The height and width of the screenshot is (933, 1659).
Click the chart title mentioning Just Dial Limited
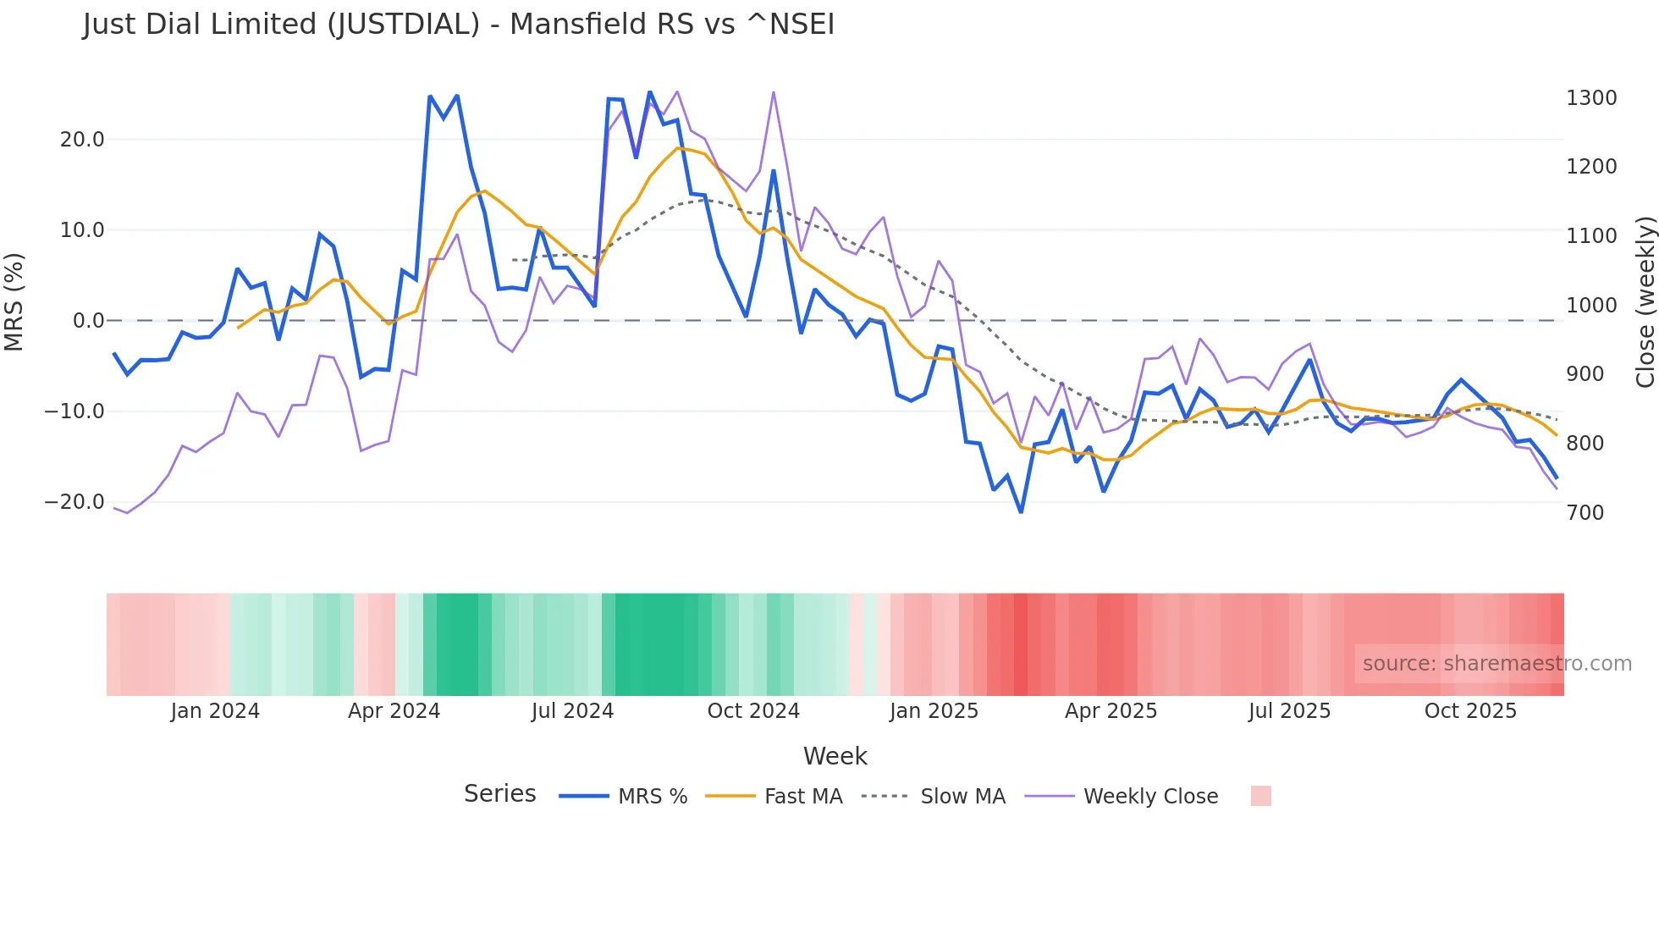tap(458, 25)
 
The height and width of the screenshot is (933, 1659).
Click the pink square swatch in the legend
tap(1260, 796)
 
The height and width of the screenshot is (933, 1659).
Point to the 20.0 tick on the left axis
tap(82, 140)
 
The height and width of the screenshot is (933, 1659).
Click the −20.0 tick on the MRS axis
tap(74, 502)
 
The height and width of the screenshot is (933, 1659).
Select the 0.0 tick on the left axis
tap(89, 321)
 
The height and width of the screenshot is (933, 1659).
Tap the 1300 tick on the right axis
tap(1591, 98)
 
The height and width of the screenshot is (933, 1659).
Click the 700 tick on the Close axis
tap(1585, 513)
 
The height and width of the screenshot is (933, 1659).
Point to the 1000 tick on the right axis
tap(1591, 306)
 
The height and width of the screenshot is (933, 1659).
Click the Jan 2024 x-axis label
tap(215, 711)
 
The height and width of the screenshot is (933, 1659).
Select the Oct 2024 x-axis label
tap(753, 711)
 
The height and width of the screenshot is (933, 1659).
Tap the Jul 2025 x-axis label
tap(1289, 711)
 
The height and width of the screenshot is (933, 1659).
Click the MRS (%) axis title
tap(14, 302)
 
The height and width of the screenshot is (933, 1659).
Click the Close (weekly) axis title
tap(1645, 302)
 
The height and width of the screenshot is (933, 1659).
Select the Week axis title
tap(835, 756)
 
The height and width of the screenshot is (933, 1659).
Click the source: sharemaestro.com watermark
tap(1496, 664)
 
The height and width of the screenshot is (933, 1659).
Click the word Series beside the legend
tap(499, 794)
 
